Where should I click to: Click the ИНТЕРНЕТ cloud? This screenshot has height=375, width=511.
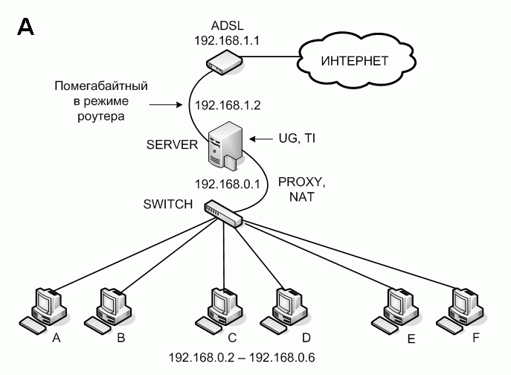click(x=354, y=60)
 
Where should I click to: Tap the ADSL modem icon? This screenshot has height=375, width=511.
click(x=219, y=62)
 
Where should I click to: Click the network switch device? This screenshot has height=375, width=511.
click(x=225, y=214)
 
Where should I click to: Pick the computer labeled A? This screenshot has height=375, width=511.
click(x=46, y=307)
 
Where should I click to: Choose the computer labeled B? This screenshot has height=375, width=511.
click(x=109, y=307)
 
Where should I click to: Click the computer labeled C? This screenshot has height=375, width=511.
click(x=220, y=307)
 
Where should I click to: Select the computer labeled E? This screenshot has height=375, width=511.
click(x=394, y=307)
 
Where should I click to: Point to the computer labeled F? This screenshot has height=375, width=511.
click(x=460, y=307)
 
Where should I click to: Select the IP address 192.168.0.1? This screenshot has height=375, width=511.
click(x=225, y=182)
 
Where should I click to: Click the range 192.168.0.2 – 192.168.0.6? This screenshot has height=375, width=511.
click(x=242, y=358)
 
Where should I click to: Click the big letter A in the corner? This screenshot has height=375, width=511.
click(x=25, y=28)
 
